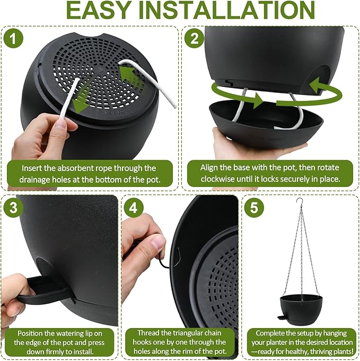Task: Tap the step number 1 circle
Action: (x=13, y=38)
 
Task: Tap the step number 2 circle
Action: (x=194, y=38)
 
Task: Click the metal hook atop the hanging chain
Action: (x=300, y=202)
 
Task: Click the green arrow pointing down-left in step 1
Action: (x=82, y=101)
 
